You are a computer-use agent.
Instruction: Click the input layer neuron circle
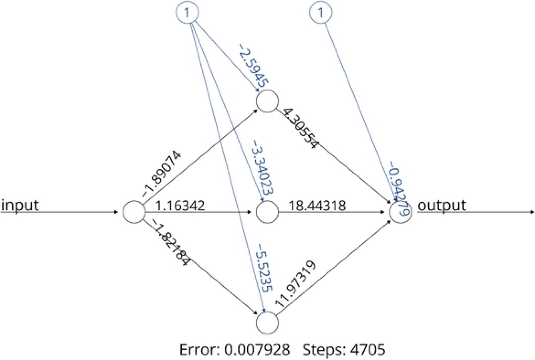coord(134,213)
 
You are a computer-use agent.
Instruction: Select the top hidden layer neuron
coord(267,101)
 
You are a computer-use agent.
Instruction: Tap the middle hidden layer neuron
coord(267,213)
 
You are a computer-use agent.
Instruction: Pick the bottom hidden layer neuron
coord(267,322)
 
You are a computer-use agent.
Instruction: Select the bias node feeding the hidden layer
coord(187,13)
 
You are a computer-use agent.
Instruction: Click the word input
coord(20,205)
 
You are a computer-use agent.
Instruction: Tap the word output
coord(441,205)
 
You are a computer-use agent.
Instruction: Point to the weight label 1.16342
coord(180,205)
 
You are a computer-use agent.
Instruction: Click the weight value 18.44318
coord(317,205)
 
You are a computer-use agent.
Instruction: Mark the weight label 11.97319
coord(296,284)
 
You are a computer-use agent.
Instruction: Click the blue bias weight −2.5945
coord(253,66)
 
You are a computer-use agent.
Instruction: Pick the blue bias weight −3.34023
coord(263,167)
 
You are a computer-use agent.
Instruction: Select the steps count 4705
coord(367,350)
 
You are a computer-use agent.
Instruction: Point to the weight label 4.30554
coord(300,128)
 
